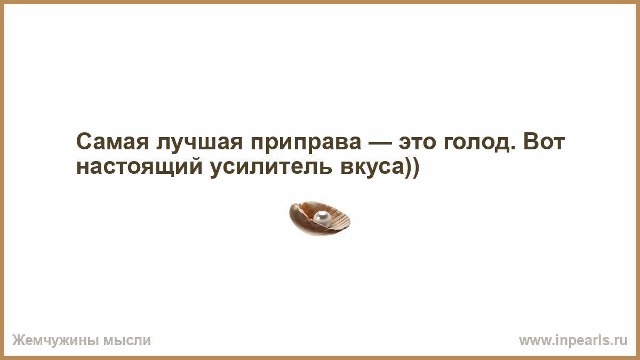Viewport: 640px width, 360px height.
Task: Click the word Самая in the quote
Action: click(113, 142)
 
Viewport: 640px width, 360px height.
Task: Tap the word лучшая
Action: click(199, 143)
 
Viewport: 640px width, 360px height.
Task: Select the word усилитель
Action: click(271, 167)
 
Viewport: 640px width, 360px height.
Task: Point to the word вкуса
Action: click(371, 167)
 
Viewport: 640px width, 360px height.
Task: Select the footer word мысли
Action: click(127, 341)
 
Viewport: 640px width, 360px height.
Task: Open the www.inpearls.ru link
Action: click(573, 341)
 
